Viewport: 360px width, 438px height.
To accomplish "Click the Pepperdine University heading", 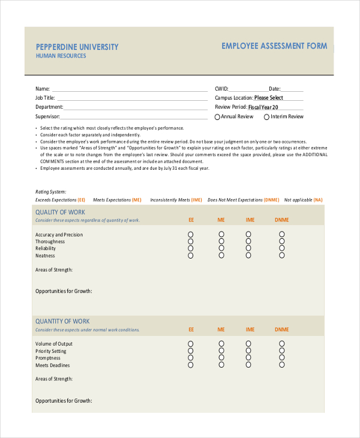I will [x=77, y=47].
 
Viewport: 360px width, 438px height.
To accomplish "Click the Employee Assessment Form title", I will [x=274, y=46].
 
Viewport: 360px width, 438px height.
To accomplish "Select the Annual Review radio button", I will [x=218, y=117].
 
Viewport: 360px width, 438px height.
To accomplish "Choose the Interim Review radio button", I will [x=266, y=117].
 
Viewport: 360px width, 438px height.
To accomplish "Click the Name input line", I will [x=130, y=88].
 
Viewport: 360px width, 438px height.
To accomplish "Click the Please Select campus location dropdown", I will [x=268, y=98].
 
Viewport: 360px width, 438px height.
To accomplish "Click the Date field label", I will [x=274, y=88].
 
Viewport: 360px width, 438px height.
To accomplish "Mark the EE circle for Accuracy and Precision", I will [x=191, y=235].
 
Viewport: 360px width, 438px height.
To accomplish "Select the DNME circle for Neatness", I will [x=281, y=255].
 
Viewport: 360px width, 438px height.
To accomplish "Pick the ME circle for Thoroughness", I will [x=221, y=241].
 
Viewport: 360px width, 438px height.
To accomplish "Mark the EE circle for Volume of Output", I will [x=191, y=344].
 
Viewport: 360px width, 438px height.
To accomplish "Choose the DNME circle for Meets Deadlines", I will [x=281, y=365].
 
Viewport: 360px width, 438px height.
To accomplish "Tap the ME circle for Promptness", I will [x=221, y=358].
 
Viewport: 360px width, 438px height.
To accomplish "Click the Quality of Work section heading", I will [x=60, y=212].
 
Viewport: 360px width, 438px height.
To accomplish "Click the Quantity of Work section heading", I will [x=62, y=322].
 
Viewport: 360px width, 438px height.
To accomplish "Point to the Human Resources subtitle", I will [x=61, y=56].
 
